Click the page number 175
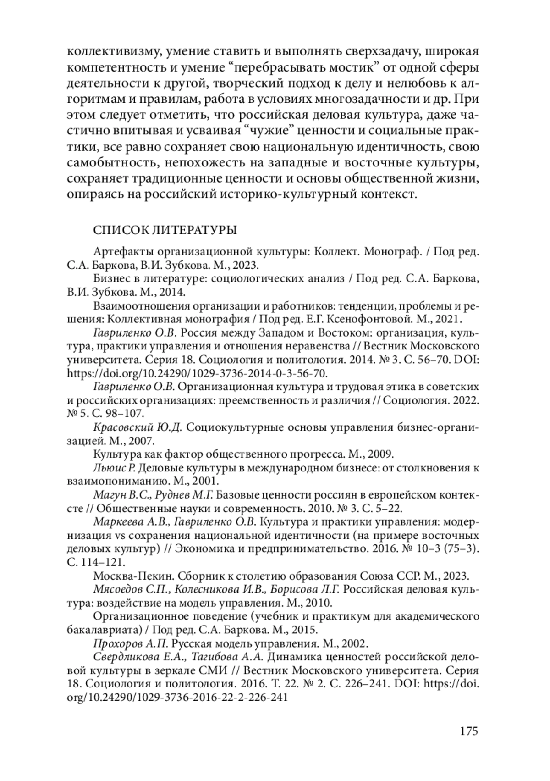[x=468, y=730]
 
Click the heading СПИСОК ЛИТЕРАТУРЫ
[x=165, y=230]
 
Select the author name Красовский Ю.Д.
[x=138, y=427]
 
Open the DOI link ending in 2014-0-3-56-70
[x=197, y=373]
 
